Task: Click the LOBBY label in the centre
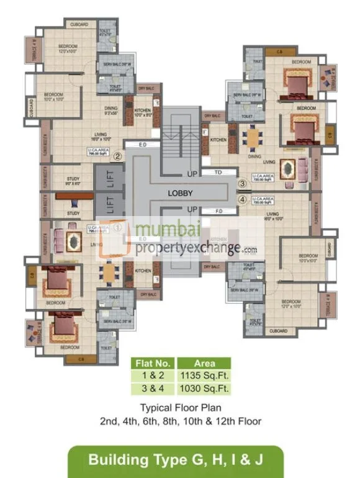[x=181, y=193]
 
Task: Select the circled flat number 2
[x=117, y=157]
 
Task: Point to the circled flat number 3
[x=242, y=183]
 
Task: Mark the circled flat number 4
[x=242, y=200]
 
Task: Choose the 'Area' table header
[x=204, y=363]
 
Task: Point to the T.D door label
[x=218, y=171]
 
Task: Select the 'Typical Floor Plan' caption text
[x=180, y=408]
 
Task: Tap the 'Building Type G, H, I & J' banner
[x=176, y=460]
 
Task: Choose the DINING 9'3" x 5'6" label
[x=112, y=112]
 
